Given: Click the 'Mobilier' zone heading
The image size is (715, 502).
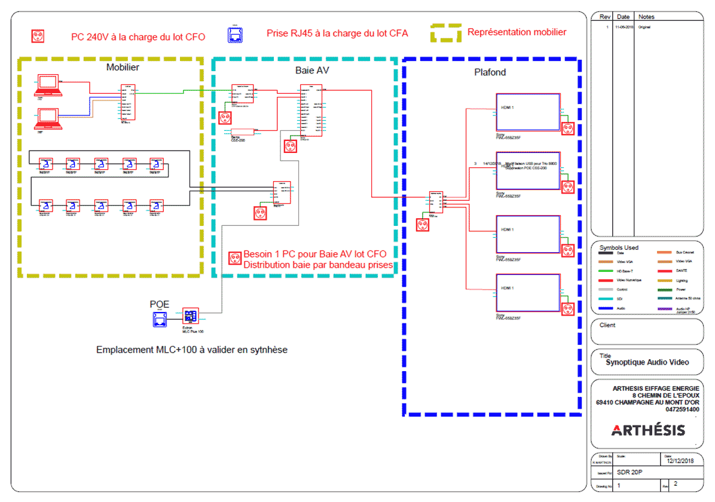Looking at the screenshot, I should [123, 67].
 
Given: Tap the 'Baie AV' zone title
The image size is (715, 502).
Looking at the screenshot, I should [312, 71].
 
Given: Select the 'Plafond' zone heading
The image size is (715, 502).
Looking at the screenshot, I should [490, 72].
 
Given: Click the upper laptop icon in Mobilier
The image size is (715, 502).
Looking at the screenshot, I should [48, 85].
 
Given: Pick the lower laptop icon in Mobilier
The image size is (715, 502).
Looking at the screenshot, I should [48, 118].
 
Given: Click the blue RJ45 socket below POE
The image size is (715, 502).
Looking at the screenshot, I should [160, 320].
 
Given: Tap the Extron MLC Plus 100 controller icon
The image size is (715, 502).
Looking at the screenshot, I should [191, 317].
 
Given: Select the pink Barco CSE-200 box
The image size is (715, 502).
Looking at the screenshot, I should [243, 131].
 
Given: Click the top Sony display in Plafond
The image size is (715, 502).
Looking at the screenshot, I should [528, 112].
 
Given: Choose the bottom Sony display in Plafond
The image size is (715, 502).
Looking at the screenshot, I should [528, 292].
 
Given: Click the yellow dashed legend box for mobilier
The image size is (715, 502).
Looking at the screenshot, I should [446, 33].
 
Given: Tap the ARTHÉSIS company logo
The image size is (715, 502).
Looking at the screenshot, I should [649, 430].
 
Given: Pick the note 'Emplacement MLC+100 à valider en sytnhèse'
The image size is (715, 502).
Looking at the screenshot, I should [191, 350].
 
